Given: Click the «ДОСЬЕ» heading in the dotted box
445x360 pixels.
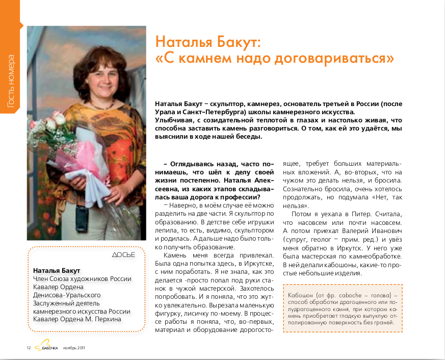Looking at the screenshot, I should pos(123,254).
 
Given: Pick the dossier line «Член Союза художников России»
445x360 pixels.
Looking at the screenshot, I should pos(82,279).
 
